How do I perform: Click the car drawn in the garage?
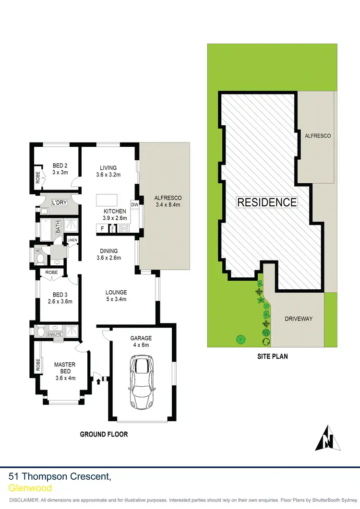coord(141,377)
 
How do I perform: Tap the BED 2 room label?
coord(60,166)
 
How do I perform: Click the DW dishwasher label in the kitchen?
coord(134,205)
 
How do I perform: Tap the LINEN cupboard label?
coord(72,240)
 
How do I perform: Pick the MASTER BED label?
coord(65,368)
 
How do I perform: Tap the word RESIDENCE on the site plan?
coord(267,202)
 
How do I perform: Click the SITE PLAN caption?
coord(272,357)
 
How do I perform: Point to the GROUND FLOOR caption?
coord(104,434)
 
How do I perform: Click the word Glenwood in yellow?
coord(30,488)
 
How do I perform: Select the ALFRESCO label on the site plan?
coord(318,136)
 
